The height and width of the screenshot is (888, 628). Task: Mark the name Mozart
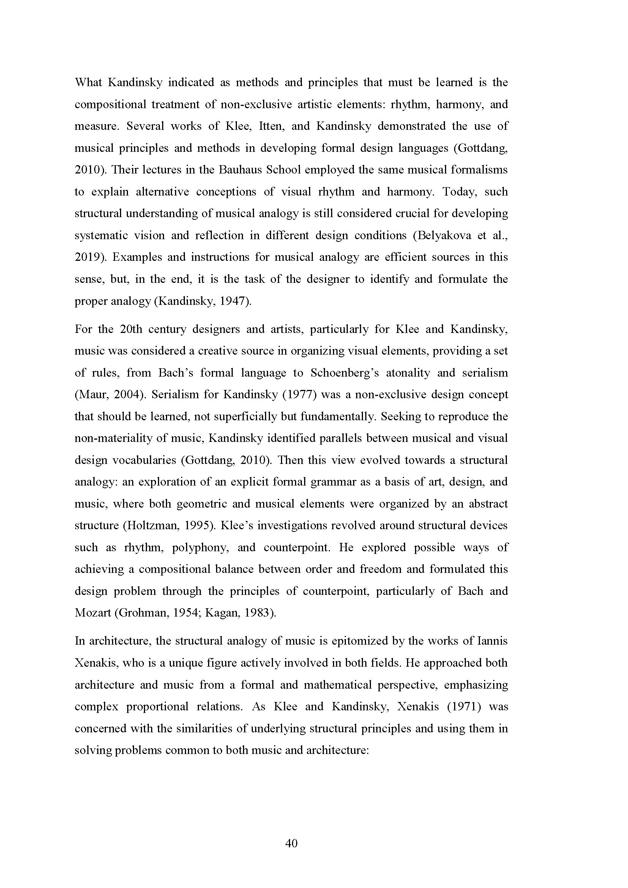[x=93, y=613]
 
